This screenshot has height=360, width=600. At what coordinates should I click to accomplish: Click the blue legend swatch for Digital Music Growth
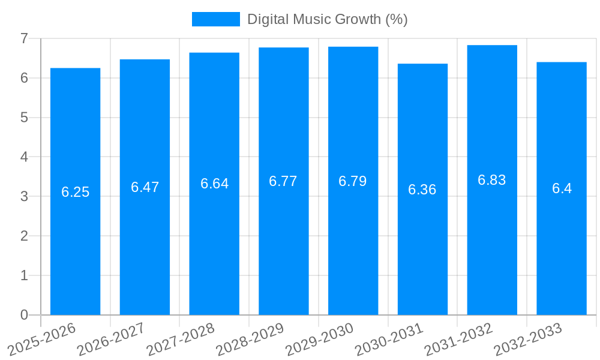[x=215, y=19]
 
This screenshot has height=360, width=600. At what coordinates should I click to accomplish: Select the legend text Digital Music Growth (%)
[x=327, y=19]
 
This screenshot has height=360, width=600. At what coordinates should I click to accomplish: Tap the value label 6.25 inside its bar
[x=75, y=192]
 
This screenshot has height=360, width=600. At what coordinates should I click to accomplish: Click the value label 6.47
[x=145, y=187]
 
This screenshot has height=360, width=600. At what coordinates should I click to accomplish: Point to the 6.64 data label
[x=214, y=184]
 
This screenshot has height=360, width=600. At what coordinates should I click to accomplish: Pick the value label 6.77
[x=283, y=181]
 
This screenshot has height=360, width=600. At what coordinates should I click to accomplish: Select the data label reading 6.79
[x=353, y=181]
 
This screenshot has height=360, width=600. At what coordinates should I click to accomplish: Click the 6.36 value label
[x=422, y=190]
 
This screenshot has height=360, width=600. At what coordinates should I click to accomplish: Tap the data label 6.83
[x=492, y=180]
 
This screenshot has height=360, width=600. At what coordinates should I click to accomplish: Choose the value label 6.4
[x=562, y=188]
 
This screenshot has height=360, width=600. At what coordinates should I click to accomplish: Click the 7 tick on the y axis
[x=24, y=38]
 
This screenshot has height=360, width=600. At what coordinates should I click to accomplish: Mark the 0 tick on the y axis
[x=24, y=315]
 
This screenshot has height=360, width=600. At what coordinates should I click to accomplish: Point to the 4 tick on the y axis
[x=24, y=157]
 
